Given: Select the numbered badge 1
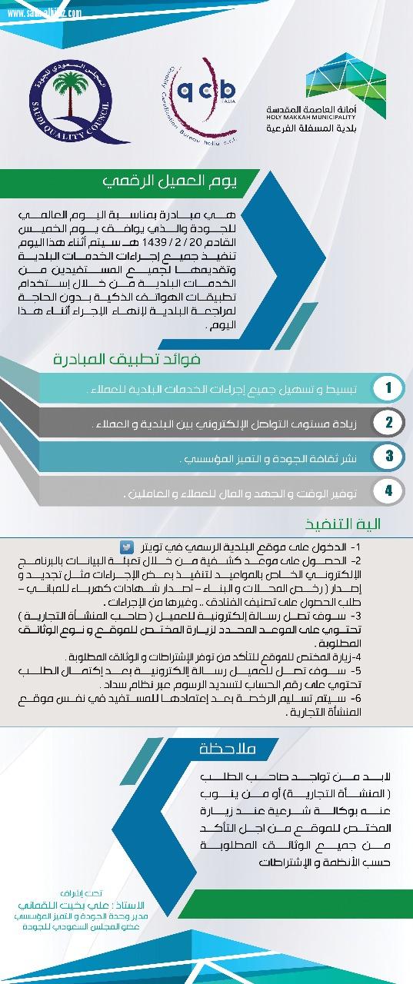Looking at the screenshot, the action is coord(389,388).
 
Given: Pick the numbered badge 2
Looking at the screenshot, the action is coord(389,422).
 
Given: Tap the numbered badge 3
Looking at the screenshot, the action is coord(389,456).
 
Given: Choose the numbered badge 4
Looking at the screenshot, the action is coord(389,490).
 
